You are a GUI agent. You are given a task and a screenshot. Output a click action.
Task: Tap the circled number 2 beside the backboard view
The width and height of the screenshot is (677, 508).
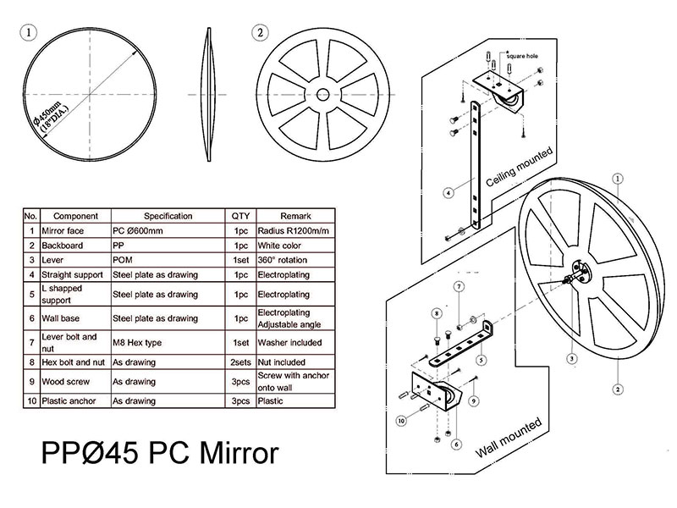[x=260, y=33]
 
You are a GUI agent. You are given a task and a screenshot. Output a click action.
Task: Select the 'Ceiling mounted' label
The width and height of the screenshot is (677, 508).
[x=519, y=168]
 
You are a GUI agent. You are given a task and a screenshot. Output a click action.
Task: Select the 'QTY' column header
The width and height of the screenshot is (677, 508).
[x=239, y=216]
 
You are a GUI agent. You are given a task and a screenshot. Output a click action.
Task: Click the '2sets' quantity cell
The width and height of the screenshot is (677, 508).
[x=239, y=362]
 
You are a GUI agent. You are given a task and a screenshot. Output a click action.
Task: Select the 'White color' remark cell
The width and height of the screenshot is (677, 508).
[x=279, y=246]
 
